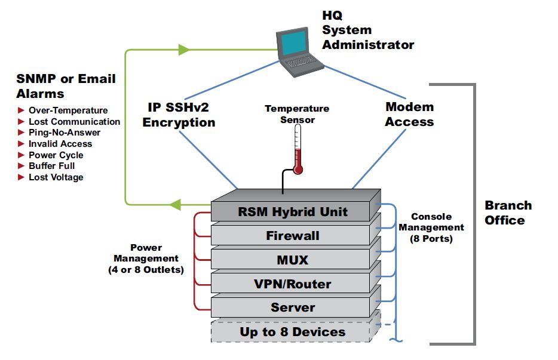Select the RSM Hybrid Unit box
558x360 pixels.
coord(293,212)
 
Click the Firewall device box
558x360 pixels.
coord(293,236)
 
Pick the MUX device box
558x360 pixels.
coord(293,260)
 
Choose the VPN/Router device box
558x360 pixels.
coord(293,284)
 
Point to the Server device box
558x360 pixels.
coord(293,307)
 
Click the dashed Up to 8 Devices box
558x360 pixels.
coord(293,332)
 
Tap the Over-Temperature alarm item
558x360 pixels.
coord(68,110)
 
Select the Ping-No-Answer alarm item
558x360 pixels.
coord(64,133)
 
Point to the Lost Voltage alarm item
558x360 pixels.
coord(56,177)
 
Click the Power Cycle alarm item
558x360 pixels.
coord(56,155)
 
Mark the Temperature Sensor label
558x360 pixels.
coord(297,114)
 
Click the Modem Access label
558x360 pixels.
coord(409,115)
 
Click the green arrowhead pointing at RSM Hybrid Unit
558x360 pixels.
coord(175,205)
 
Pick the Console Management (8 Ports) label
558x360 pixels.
coord(431,227)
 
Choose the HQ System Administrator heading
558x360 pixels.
coord(367,30)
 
